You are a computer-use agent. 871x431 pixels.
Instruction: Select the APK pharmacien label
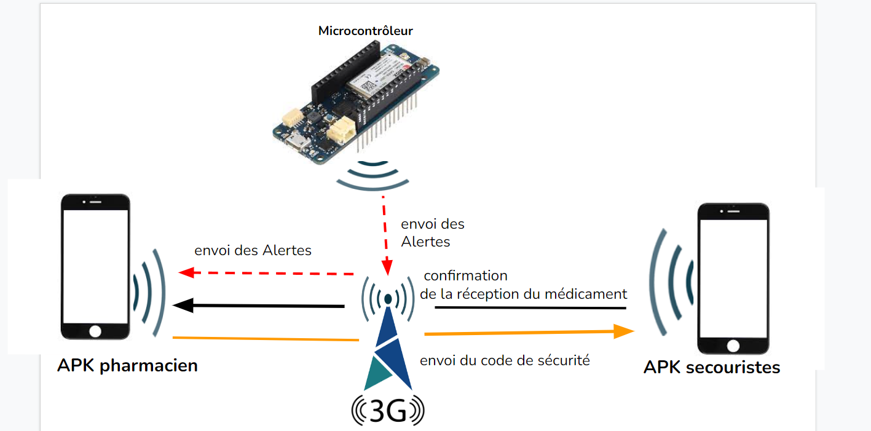click(x=127, y=365)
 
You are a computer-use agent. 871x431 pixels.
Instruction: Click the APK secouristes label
click(x=711, y=368)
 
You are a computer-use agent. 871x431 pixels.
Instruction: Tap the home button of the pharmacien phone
click(x=95, y=331)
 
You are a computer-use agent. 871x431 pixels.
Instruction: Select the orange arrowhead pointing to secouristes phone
click(x=626, y=331)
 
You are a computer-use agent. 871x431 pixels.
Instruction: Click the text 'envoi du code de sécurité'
click(x=505, y=360)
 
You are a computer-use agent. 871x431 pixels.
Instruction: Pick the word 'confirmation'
click(x=465, y=275)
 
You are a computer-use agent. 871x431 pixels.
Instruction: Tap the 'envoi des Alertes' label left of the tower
click(x=253, y=250)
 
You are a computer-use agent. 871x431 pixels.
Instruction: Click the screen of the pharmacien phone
click(x=95, y=264)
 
